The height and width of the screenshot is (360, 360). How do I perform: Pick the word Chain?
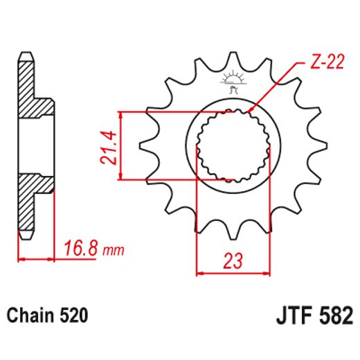pyautogui.click(x=30, y=316)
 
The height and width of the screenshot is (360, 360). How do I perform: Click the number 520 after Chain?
pyautogui.click(x=74, y=316)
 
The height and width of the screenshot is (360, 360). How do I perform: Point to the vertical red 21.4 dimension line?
pyautogui.click(x=121, y=145)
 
